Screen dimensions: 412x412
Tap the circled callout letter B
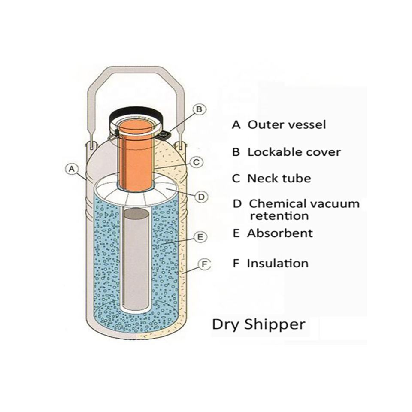199,109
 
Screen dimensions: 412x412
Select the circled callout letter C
195,162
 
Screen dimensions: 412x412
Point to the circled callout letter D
201,197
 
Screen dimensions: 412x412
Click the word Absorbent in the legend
280,233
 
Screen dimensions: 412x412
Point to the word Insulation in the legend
277,263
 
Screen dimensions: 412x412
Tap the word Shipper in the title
275,324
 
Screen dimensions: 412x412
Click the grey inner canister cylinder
136,262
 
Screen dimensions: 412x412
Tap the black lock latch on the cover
164,135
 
